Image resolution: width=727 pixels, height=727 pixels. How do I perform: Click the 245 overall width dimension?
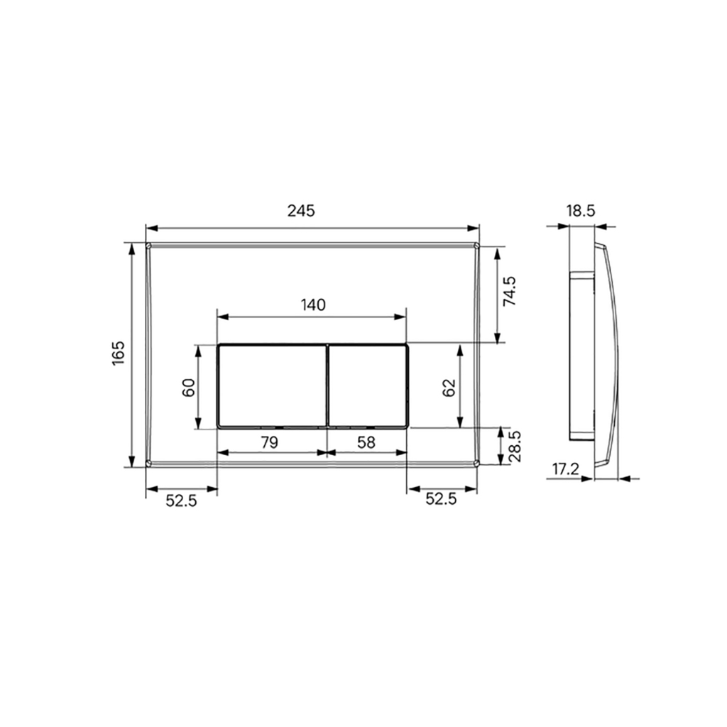301,211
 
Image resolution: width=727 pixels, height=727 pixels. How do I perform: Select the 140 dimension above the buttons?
312,305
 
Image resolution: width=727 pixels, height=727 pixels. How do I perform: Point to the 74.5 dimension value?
510,292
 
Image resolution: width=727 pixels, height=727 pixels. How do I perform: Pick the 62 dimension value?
449,387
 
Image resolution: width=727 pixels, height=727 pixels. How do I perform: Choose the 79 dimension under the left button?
269,442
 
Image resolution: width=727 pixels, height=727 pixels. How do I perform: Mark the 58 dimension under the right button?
366,442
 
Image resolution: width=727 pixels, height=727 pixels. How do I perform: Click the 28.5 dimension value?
516,446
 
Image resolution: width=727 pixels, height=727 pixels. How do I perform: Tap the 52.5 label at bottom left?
181,500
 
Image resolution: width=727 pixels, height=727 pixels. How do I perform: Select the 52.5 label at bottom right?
441,500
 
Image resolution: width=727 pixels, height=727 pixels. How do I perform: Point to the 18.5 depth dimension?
580,210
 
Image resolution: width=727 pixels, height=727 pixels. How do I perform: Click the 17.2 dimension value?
565,469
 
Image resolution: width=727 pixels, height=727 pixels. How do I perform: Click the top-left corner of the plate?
148,246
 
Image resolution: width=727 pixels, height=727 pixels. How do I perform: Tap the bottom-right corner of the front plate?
476,464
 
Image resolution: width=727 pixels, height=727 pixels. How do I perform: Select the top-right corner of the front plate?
476,246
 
